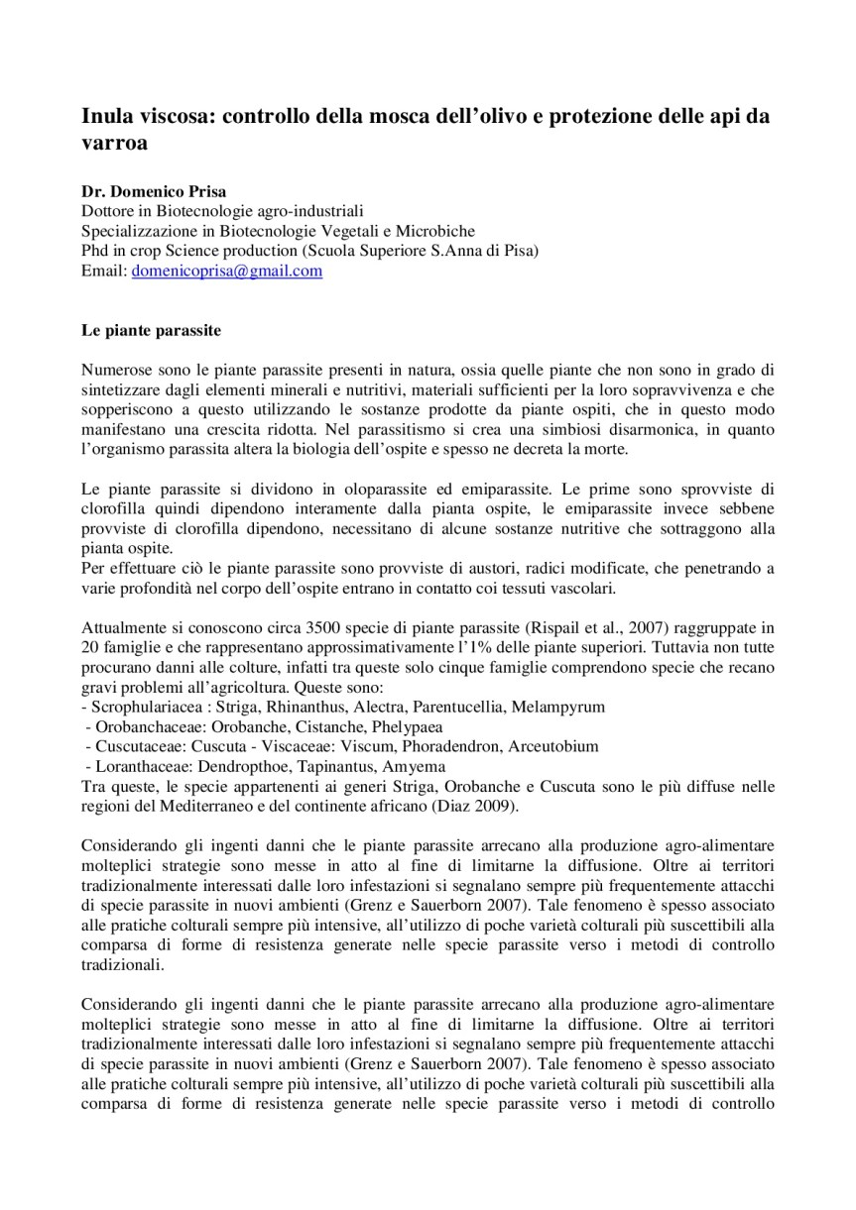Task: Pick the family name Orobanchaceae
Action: click(136, 726)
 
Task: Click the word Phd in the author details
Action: click(94, 251)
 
